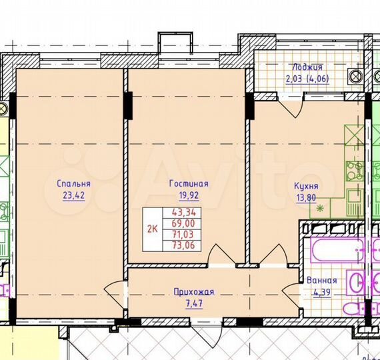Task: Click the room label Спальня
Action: point(74,183)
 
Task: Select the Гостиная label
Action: point(189,183)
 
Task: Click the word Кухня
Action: point(306,187)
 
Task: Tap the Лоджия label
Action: point(307,67)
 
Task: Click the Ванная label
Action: point(321,281)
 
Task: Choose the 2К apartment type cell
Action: point(153,228)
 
